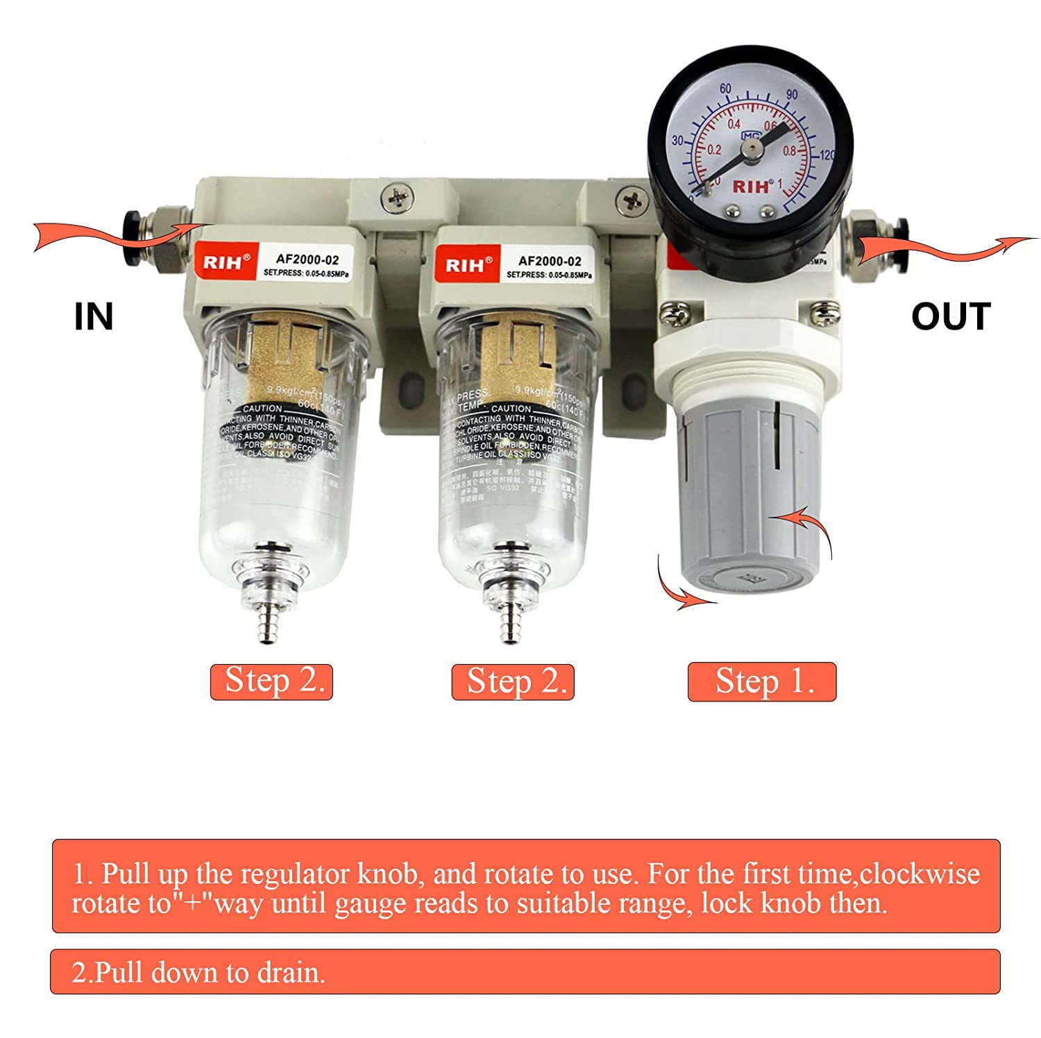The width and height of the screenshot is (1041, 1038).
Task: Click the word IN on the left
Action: click(x=94, y=316)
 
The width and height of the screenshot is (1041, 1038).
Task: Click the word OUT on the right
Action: click(x=950, y=316)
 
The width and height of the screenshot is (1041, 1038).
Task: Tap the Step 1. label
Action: click(x=762, y=681)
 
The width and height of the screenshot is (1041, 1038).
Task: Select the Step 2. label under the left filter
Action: click(x=272, y=681)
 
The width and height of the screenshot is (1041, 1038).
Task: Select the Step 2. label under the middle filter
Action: click(x=514, y=681)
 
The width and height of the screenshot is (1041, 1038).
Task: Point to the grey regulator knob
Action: click(x=750, y=500)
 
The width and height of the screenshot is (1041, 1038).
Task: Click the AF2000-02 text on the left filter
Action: click(x=307, y=259)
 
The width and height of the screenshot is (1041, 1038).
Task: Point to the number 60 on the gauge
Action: click(x=725, y=89)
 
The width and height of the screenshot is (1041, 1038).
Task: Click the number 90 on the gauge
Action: click(x=792, y=94)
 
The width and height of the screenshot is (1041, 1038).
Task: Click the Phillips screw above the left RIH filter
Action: click(x=399, y=197)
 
